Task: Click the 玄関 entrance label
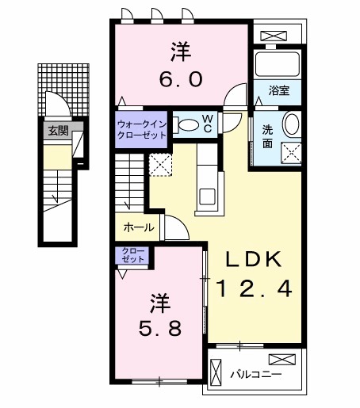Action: tap(57, 131)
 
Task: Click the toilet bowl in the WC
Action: tap(187, 124)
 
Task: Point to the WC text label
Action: tap(206, 123)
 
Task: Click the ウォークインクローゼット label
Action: tap(141, 129)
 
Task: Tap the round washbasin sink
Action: tap(291, 124)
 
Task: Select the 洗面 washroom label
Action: tap(267, 136)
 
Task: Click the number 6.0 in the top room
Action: tap(180, 79)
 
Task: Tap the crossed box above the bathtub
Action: tap(275, 36)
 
